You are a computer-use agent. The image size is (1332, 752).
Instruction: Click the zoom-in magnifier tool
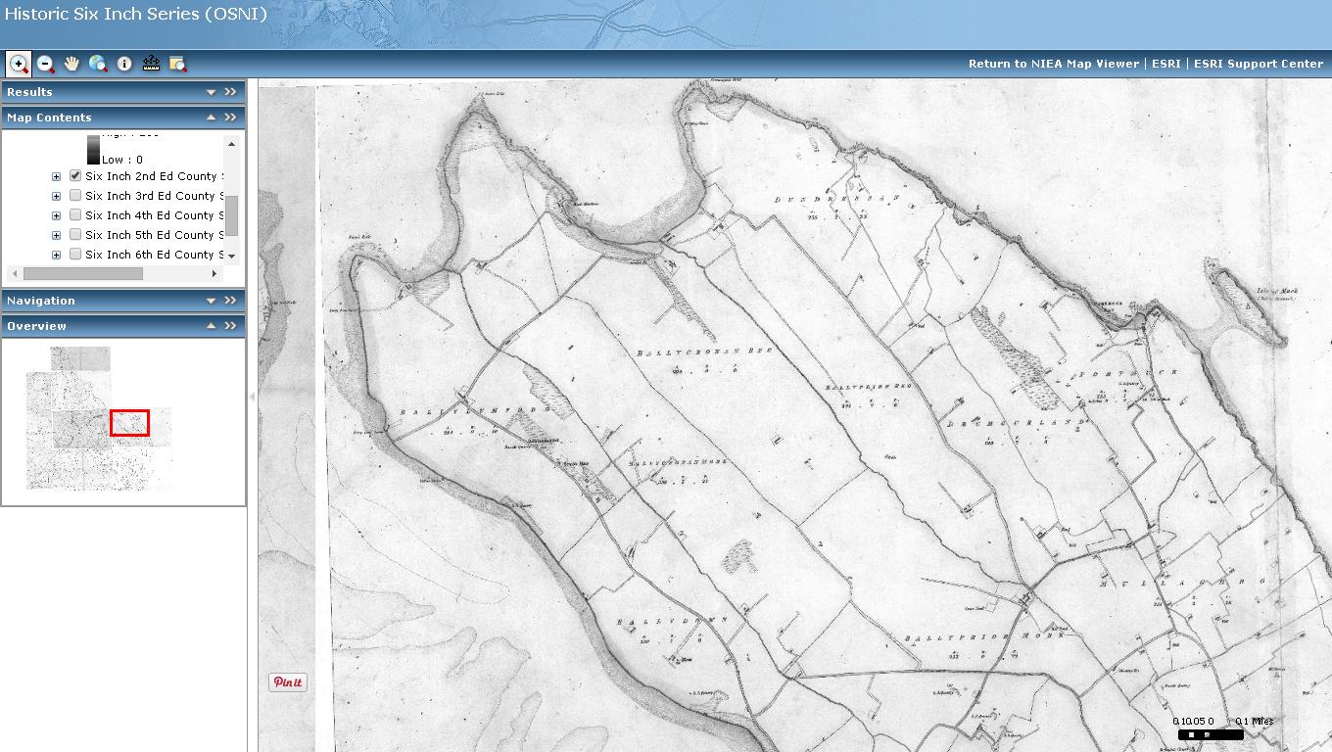point(19,64)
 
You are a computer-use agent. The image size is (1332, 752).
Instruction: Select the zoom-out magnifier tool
point(45,64)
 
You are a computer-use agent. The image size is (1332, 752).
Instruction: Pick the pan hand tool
point(71,64)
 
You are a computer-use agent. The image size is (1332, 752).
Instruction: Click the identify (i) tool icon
point(124,64)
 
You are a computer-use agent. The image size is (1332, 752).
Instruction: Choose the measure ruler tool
point(151,64)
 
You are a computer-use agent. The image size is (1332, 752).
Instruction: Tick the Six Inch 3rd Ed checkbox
point(75,196)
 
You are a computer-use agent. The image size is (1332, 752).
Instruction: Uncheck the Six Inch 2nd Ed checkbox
point(75,176)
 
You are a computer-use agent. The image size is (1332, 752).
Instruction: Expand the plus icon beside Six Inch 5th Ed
point(56,235)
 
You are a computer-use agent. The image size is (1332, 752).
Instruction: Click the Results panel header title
point(30,92)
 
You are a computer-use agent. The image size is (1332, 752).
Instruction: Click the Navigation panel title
point(41,301)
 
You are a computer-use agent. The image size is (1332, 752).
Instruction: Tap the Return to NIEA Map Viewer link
point(1054,64)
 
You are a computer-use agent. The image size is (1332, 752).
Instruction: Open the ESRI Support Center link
point(1259,64)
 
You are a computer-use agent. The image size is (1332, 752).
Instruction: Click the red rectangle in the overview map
point(129,423)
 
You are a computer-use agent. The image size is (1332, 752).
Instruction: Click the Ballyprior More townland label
point(956,637)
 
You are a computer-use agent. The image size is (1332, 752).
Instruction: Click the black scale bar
point(1211,734)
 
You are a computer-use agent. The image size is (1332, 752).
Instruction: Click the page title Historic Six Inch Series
point(135,15)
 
